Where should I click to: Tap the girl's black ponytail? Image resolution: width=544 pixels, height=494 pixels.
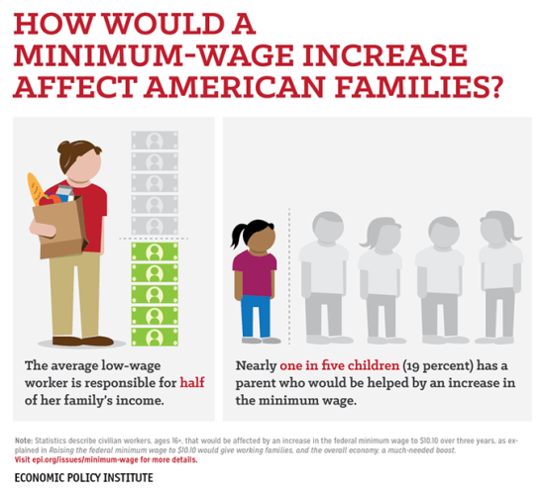click(239, 235)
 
